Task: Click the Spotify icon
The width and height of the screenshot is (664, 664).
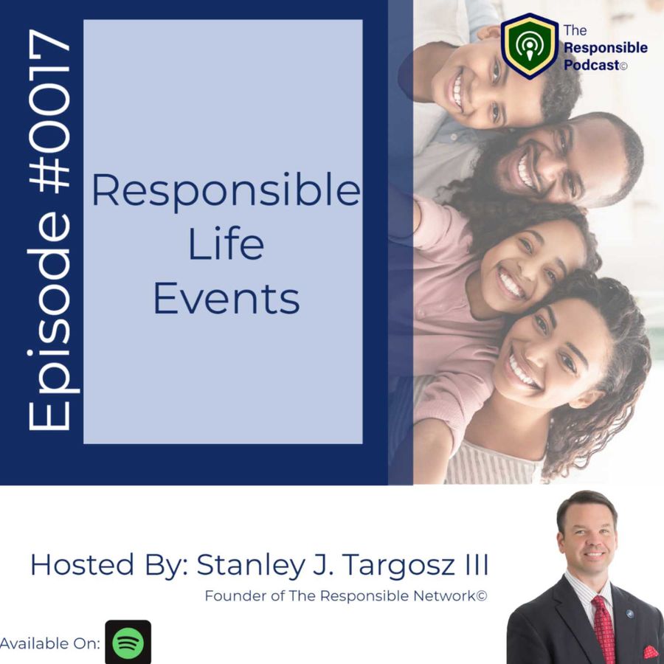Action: pyautogui.click(x=128, y=642)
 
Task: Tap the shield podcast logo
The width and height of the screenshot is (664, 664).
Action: pyautogui.click(x=529, y=46)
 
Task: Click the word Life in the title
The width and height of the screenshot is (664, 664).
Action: pyautogui.click(x=226, y=244)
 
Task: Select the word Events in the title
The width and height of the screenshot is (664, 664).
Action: pyautogui.click(x=226, y=298)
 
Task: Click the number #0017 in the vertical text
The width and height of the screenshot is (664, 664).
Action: pyautogui.click(x=49, y=109)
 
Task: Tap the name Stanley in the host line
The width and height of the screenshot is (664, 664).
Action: pyautogui.click(x=250, y=565)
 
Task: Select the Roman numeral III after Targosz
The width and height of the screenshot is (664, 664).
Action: pyautogui.click(x=477, y=564)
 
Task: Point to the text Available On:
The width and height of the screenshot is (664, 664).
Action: pyautogui.click(x=50, y=643)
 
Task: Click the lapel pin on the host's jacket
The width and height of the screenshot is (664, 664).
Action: pyautogui.click(x=629, y=615)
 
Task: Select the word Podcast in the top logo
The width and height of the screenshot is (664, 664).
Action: pyautogui.click(x=591, y=65)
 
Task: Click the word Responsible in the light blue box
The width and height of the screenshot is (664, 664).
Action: pyautogui.click(x=226, y=191)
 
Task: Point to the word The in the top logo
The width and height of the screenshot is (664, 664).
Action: pyautogui.click(x=575, y=30)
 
